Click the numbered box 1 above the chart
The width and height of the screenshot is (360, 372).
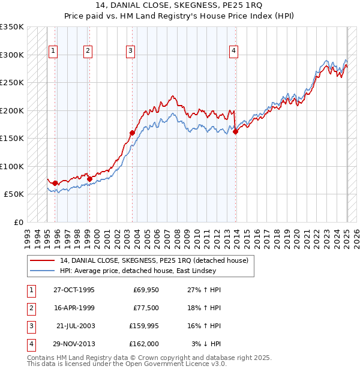[53, 51]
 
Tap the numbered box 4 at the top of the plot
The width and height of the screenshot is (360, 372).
[233, 51]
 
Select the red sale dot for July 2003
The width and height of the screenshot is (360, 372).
[132, 133]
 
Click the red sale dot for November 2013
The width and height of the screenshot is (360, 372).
[236, 132]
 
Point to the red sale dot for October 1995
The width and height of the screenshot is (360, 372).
[55, 183]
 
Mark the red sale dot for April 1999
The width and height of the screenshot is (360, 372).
[89, 179]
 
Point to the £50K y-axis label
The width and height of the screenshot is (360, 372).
[14, 194]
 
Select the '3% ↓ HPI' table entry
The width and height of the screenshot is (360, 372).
[205, 345]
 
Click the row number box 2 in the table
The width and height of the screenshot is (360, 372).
[30, 308]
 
